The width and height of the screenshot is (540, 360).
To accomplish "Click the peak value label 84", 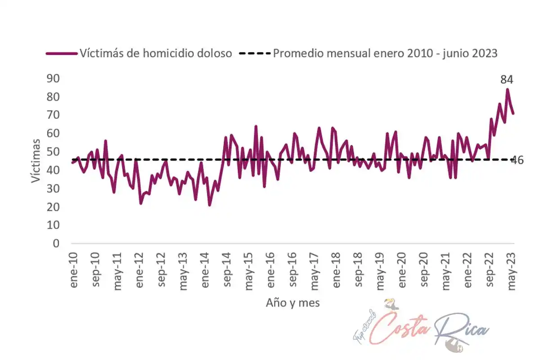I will (507, 80).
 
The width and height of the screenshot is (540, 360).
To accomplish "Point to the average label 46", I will (517, 160).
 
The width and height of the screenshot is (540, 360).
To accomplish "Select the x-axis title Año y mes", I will (292, 303).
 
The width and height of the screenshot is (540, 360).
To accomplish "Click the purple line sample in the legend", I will (61, 54).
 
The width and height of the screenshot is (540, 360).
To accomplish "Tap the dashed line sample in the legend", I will (254, 54).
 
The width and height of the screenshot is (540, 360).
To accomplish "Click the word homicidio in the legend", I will (164, 54).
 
